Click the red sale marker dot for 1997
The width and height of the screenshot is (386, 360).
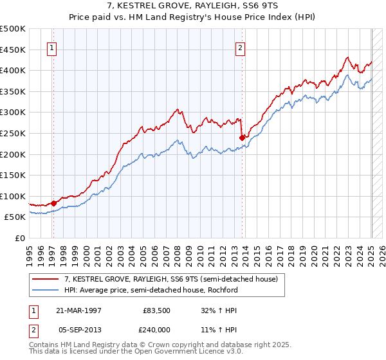(53, 203)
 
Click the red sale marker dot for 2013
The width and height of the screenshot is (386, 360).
(242, 137)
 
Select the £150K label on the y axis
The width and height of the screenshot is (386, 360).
(13, 175)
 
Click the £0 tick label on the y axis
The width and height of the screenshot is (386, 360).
(19, 239)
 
